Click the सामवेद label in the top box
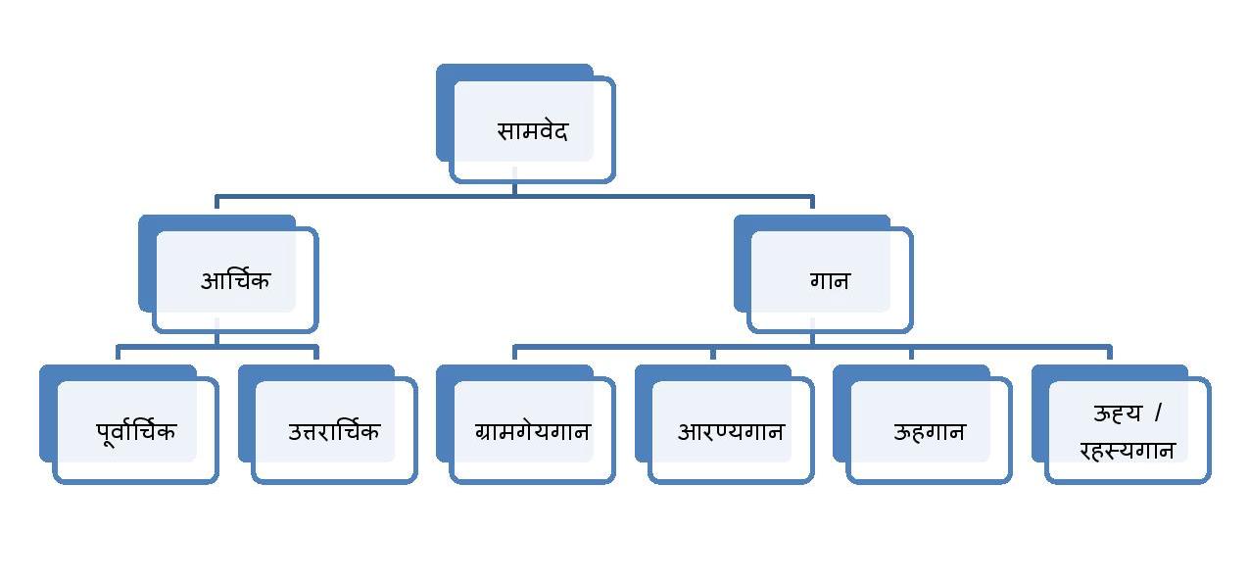[532, 130]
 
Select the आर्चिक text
[235, 280]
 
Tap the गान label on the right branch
[830, 280]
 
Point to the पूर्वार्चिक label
[136, 430]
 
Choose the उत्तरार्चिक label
[334, 430]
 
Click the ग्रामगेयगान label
[532, 430]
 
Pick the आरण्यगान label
[731, 430]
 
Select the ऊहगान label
[929, 430]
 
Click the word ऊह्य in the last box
[1118, 413]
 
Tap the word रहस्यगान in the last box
[1127, 450]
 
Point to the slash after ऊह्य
[1157, 413]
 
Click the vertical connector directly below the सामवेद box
[514, 188]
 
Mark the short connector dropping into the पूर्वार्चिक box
[118, 353]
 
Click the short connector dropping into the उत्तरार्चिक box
[316, 353]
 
